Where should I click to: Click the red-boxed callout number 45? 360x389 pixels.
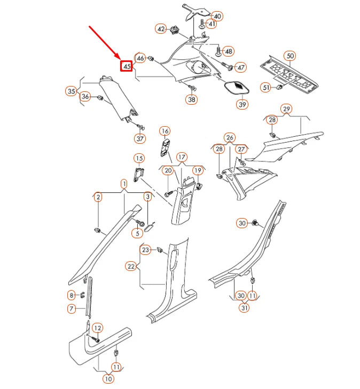pyautogui.click(x=127, y=67)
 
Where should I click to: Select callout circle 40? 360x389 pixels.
pyautogui.click(x=217, y=16)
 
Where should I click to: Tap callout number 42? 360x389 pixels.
pyautogui.click(x=161, y=29)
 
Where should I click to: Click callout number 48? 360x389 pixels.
pyautogui.click(x=229, y=51)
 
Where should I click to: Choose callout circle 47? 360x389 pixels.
pyautogui.click(x=241, y=67)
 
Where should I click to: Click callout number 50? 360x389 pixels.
pyautogui.click(x=290, y=56)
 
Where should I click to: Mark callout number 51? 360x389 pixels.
pyautogui.click(x=265, y=87)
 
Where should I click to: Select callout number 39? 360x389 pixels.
pyautogui.click(x=242, y=104)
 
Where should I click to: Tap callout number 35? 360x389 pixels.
pyautogui.click(x=71, y=91)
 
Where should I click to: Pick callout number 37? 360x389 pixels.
pyautogui.click(x=139, y=139)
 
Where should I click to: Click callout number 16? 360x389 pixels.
pyautogui.click(x=165, y=131)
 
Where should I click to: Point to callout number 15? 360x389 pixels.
pyautogui.click(x=138, y=158)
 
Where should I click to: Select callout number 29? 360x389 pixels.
pyautogui.click(x=287, y=110)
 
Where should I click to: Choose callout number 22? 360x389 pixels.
pyautogui.click(x=131, y=266)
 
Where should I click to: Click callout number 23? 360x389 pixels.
pyautogui.click(x=146, y=250)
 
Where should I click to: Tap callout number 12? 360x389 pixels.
pyautogui.click(x=97, y=328)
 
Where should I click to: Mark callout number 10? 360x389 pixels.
pyautogui.click(x=108, y=379)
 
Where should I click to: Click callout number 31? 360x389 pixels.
pyautogui.click(x=245, y=307)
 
